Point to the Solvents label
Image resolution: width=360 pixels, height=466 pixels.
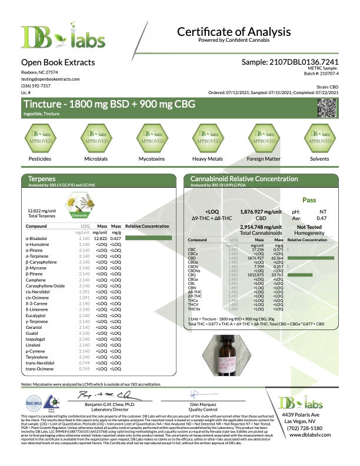(x=321, y=159)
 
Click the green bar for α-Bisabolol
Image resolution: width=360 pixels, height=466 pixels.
(x=150, y=238)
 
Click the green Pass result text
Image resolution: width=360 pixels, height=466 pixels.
(x=309, y=199)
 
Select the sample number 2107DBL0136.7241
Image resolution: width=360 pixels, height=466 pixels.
(x=290, y=62)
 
